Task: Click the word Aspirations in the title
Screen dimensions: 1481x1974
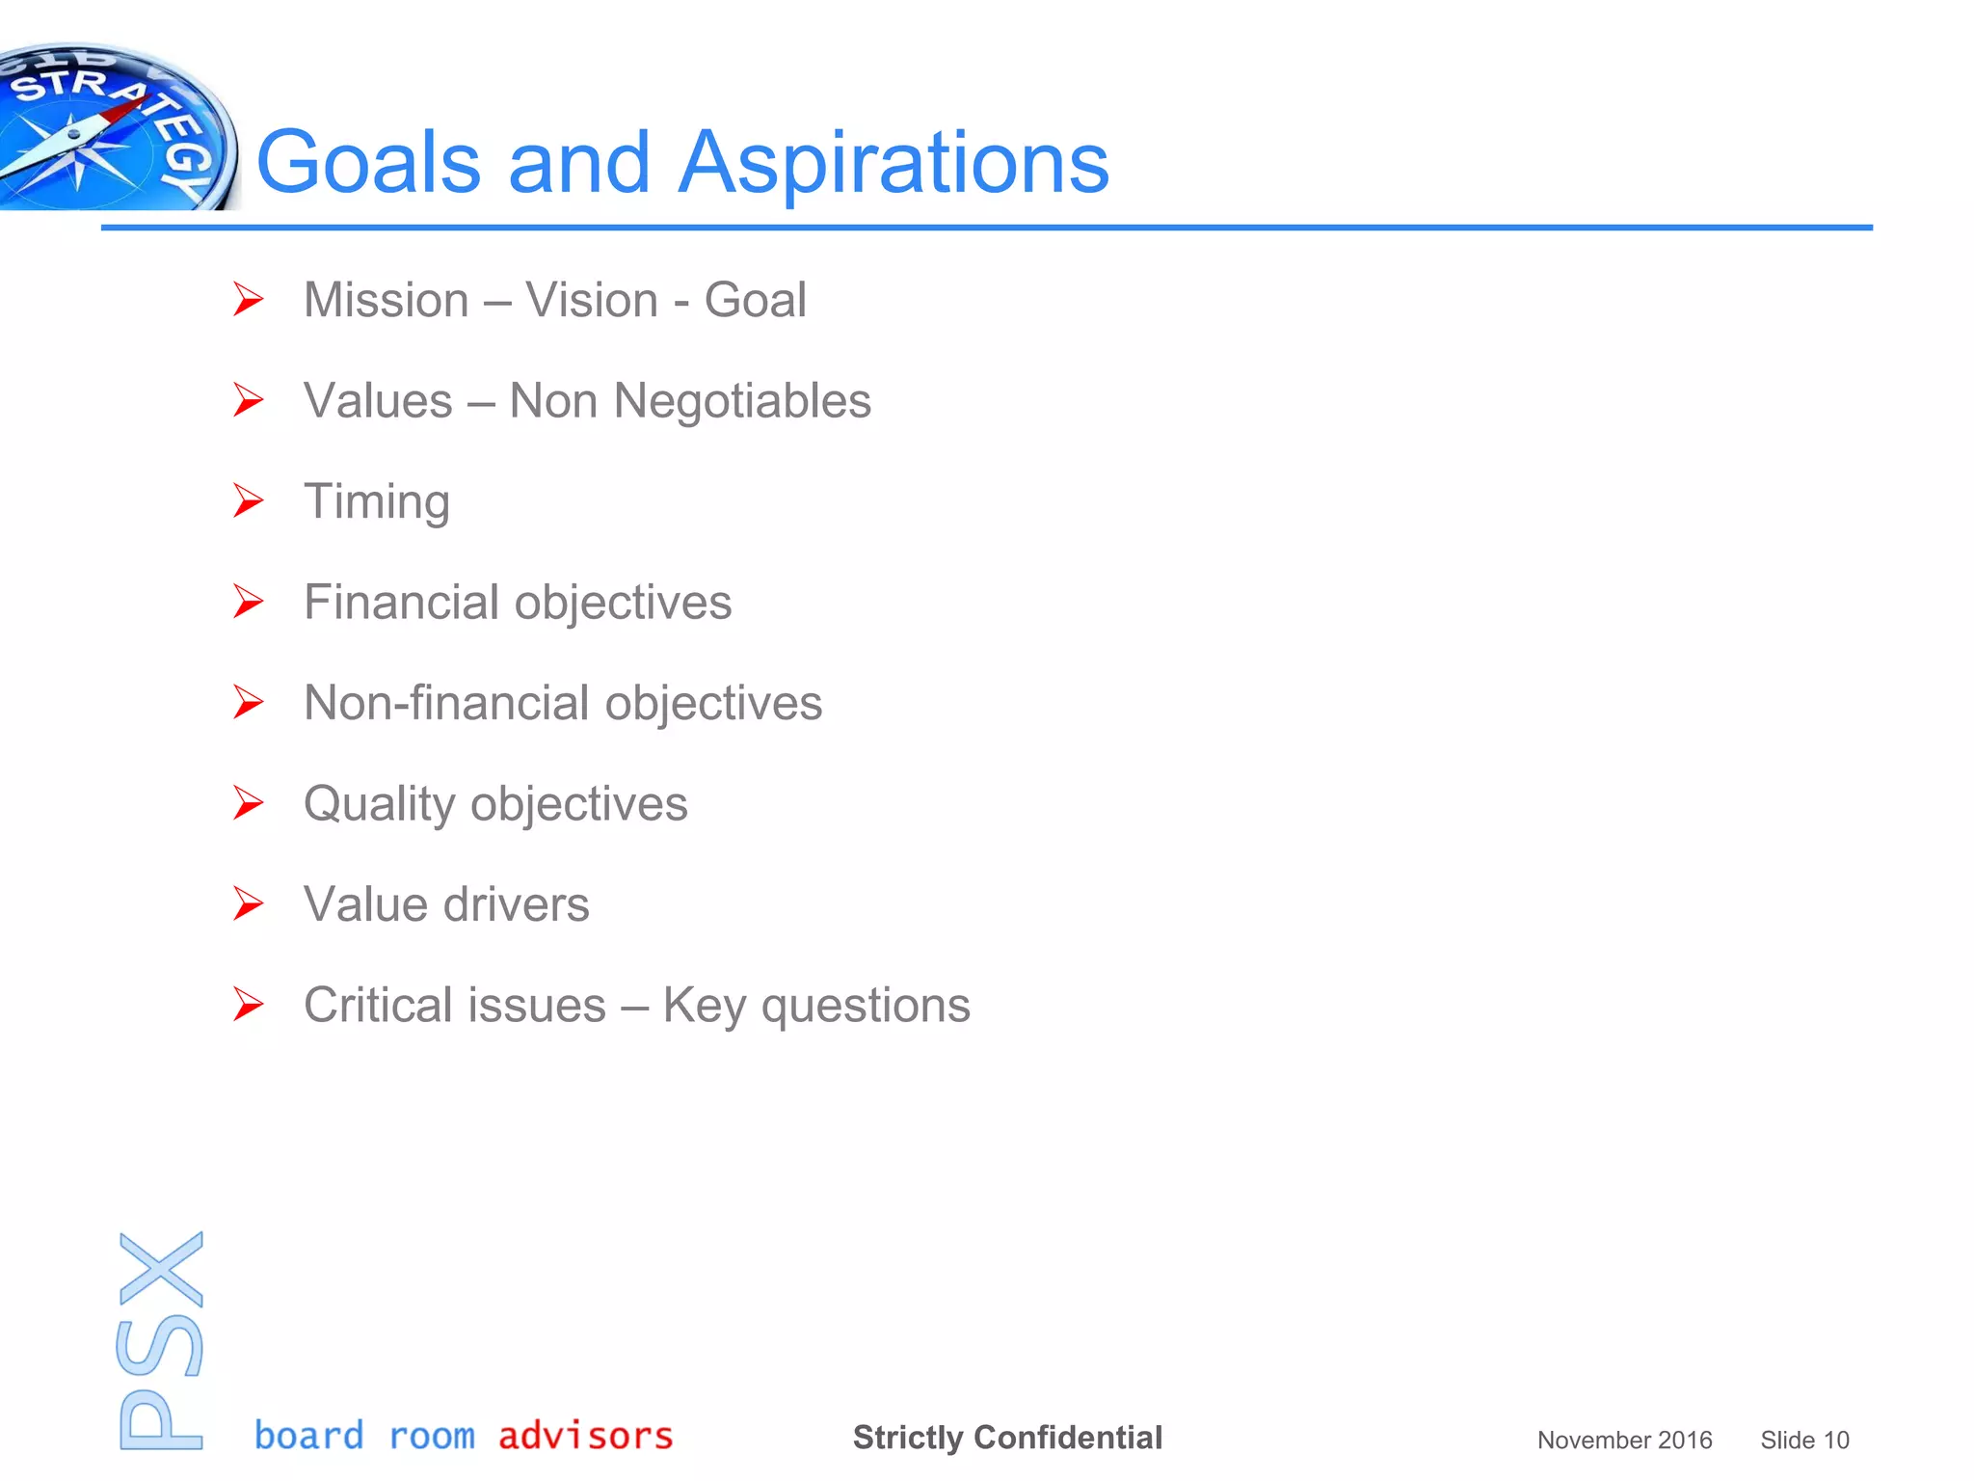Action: click(x=894, y=163)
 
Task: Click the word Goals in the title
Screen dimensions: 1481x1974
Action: click(x=368, y=163)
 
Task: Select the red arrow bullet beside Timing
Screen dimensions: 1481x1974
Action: click(x=249, y=501)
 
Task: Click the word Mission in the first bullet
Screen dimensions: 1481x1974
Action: click(x=386, y=300)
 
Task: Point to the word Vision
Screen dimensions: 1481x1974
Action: click(x=592, y=300)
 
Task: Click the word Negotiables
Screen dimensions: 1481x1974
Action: click(x=742, y=401)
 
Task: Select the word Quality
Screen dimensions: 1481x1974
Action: click(x=379, y=804)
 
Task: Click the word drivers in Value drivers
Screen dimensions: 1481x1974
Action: click(x=516, y=904)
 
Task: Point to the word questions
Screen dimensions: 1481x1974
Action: click(x=865, y=1006)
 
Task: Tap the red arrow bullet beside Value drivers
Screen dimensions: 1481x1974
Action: click(x=249, y=904)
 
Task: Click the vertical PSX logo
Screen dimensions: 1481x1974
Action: click(x=161, y=1340)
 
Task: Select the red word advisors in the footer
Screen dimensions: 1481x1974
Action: click(x=585, y=1436)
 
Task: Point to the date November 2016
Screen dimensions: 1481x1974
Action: click(x=1624, y=1441)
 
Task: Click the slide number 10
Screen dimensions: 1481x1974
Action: click(x=1836, y=1441)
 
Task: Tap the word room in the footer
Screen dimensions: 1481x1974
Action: click(x=432, y=1437)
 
